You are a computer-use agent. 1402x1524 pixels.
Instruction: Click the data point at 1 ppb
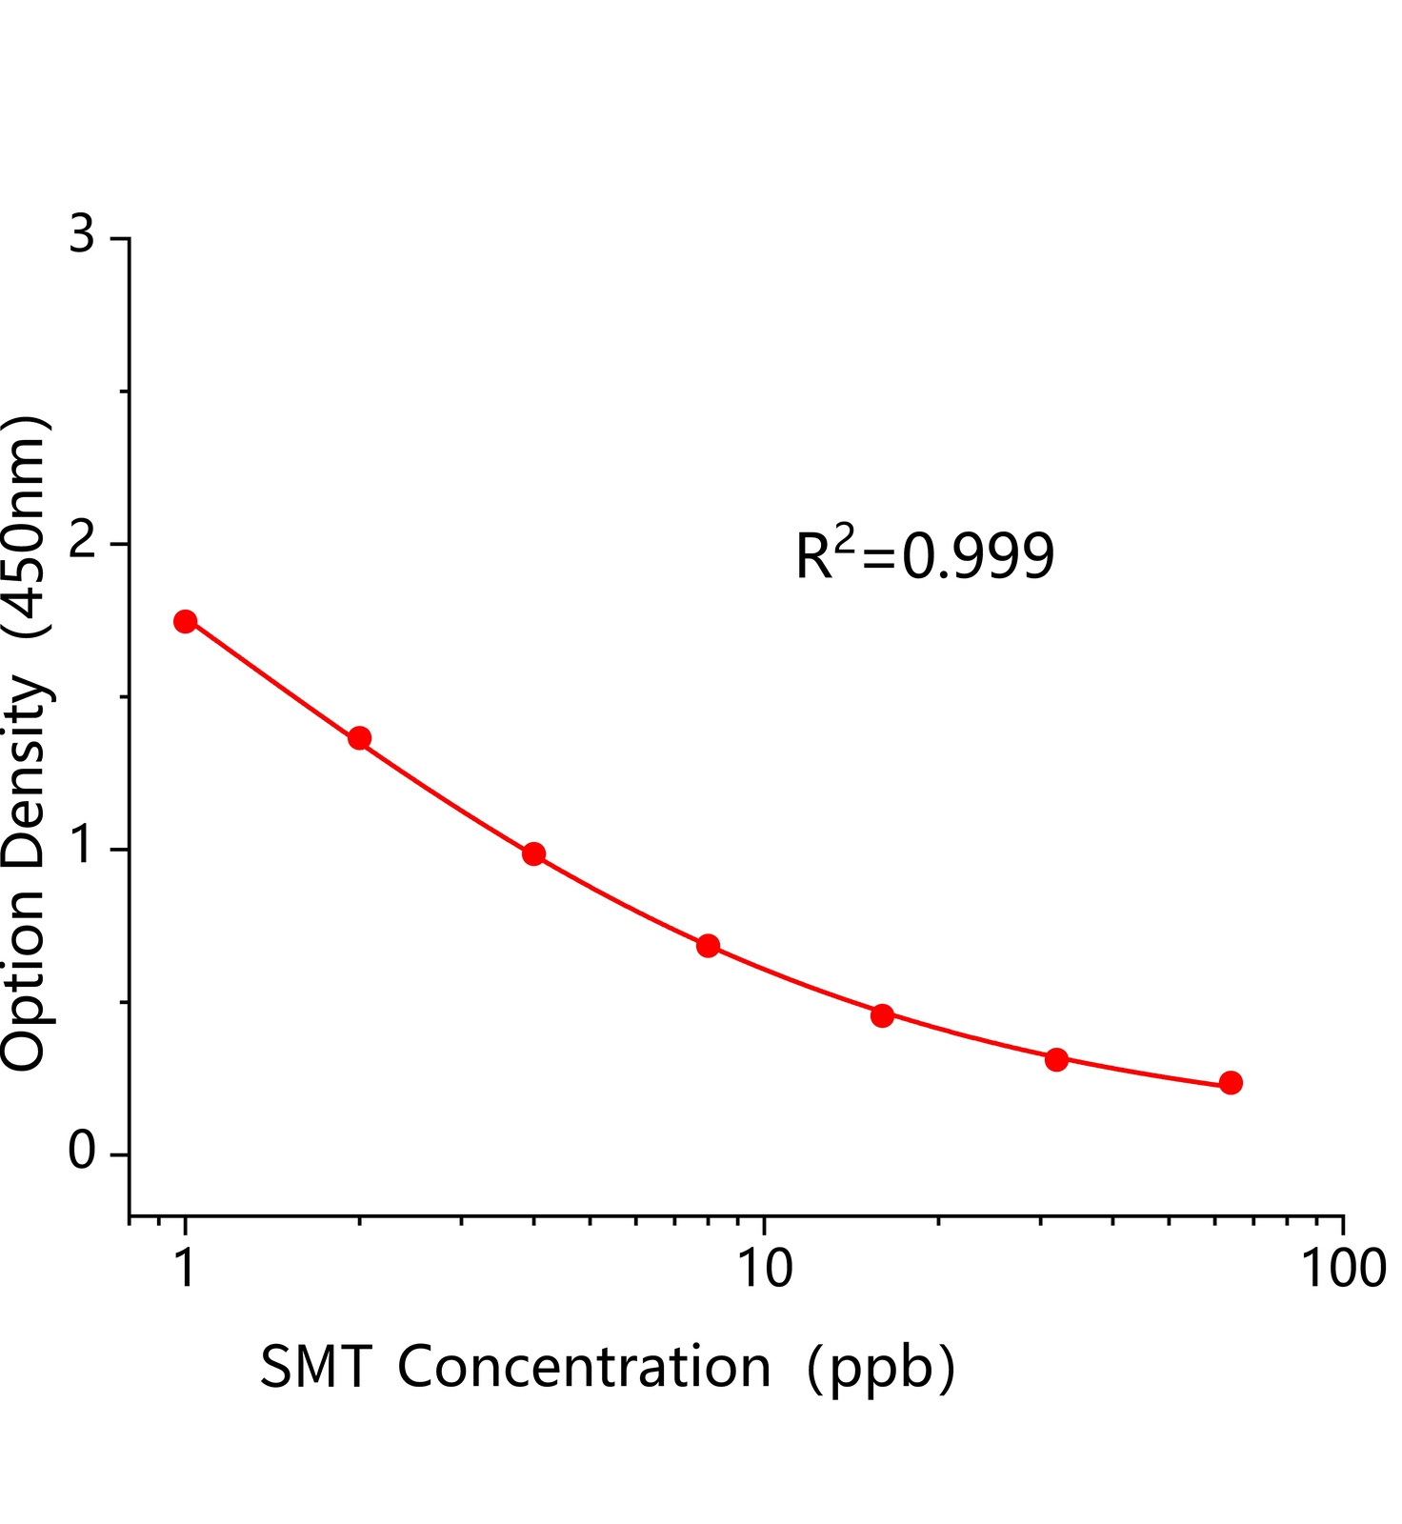click(x=186, y=622)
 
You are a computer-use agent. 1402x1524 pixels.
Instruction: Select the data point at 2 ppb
click(x=359, y=738)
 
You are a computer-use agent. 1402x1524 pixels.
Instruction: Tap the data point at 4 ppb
click(x=533, y=853)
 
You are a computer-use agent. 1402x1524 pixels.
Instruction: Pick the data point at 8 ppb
click(x=708, y=946)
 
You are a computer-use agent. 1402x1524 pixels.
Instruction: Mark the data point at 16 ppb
click(x=882, y=1015)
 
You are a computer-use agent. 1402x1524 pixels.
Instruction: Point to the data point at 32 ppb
click(x=1056, y=1059)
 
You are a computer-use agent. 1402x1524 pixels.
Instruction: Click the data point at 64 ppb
click(x=1231, y=1083)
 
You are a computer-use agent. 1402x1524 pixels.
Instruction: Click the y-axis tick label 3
click(x=83, y=234)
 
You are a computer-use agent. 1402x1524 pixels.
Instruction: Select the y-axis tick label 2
click(x=83, y=542)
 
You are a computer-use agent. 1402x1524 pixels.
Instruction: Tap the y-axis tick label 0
click(x=83, y=1153)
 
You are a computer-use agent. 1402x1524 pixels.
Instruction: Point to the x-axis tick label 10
click(x=765, y=1269)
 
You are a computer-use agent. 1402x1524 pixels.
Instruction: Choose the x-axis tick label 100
click(x=1343, y=1269)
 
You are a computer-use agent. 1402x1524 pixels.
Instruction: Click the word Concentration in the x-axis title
click(x=584, y=1368)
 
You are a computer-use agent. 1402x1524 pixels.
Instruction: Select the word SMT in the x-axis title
click(x=314, y=1368)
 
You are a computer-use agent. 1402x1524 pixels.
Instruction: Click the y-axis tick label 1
click(x=83, y=847)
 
